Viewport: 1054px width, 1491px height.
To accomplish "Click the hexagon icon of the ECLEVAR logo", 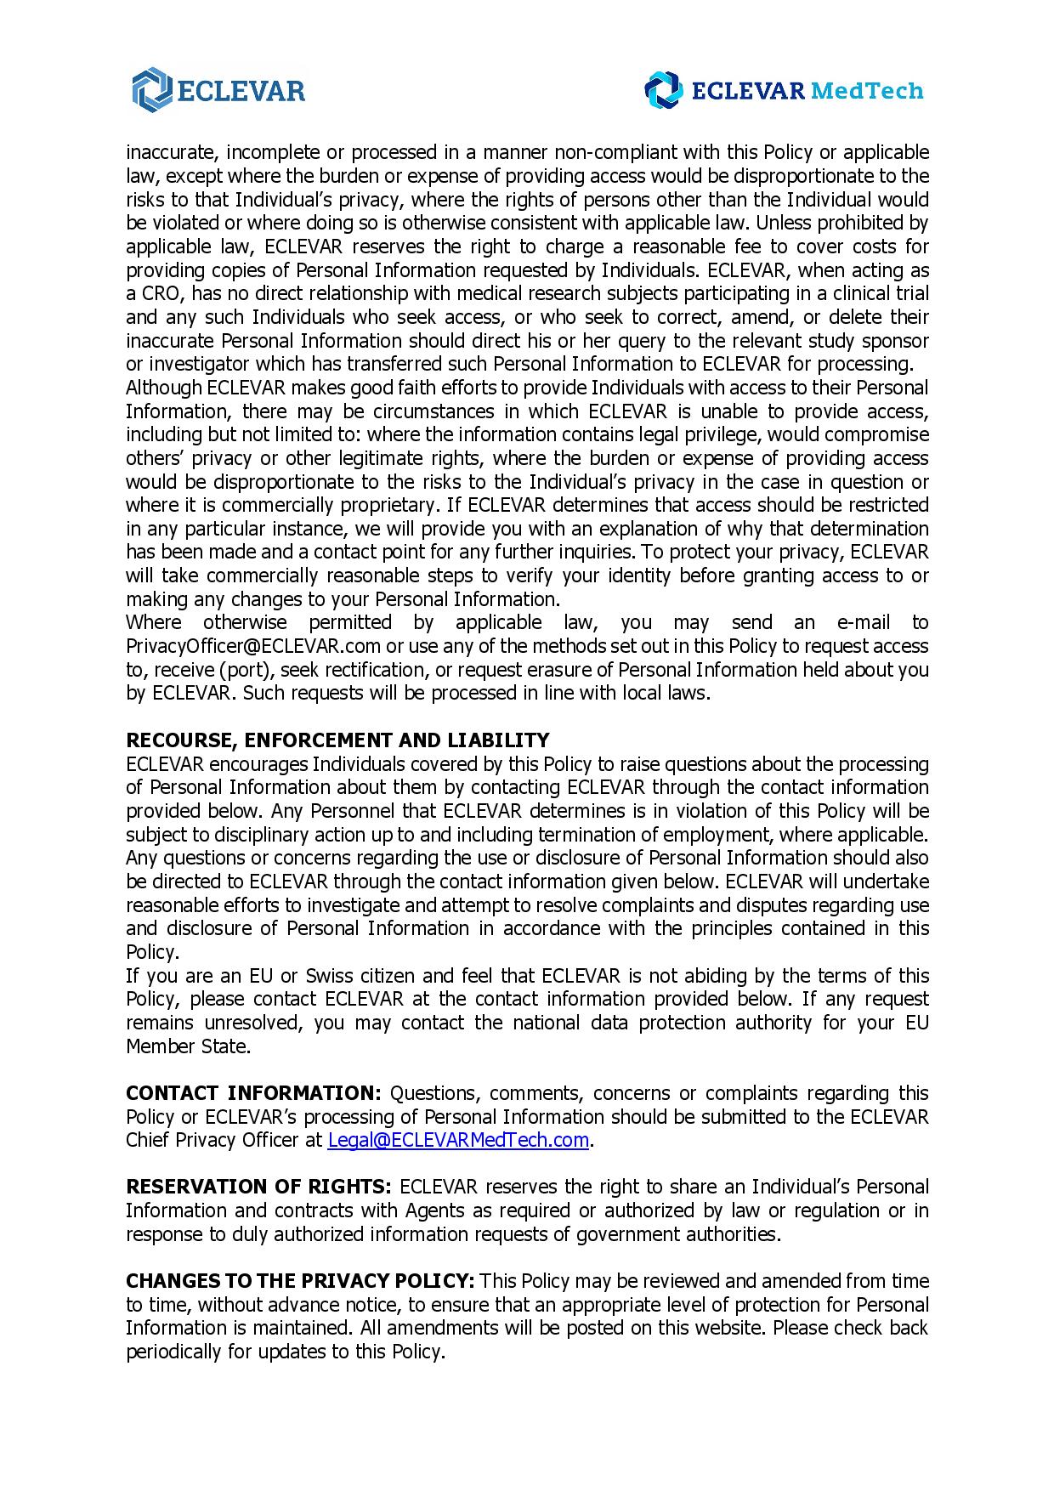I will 151,90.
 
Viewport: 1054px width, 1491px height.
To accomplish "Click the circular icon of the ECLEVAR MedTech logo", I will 663,90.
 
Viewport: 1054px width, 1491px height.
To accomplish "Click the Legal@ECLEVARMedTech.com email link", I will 458,1140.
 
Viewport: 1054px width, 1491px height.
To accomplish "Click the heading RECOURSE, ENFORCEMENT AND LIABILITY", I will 337,740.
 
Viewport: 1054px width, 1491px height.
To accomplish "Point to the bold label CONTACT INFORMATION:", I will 253,1092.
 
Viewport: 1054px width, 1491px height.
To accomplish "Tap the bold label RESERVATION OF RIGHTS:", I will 258,1186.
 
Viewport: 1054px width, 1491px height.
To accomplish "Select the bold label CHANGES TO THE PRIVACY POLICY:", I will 299,1280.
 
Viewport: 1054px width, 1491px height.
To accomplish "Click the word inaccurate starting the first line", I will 169,152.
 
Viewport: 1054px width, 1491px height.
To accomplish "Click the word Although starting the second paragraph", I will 163,388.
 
